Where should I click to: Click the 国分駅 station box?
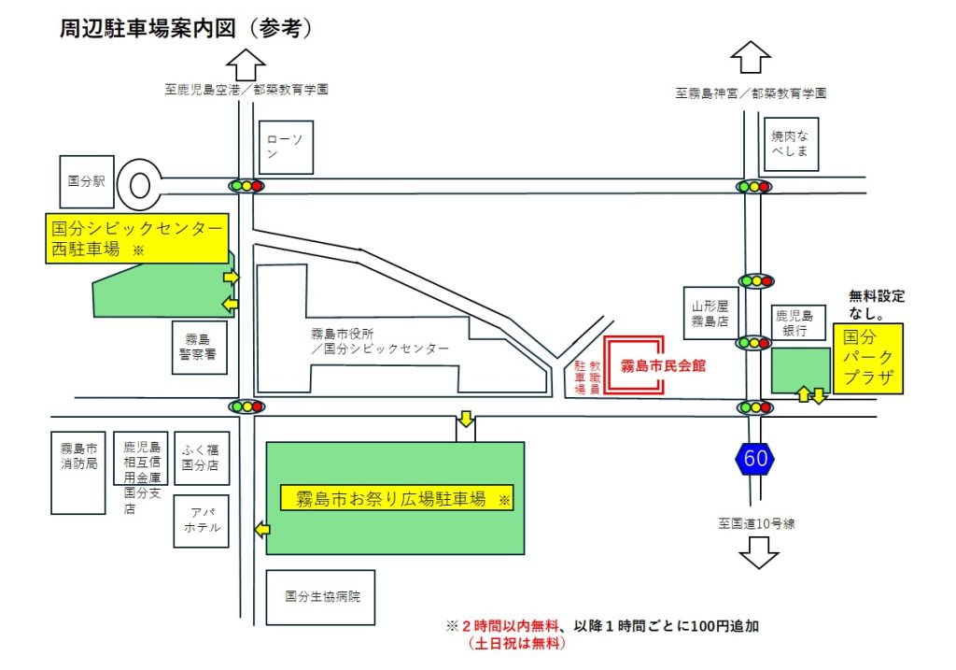[x=86, y=181]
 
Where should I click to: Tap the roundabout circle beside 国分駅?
[x=139, y=184]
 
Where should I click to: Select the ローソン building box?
[x=286, y=148]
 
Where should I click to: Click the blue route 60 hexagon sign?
[x=756, y=458]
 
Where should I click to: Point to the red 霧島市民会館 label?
[x=664, y=365]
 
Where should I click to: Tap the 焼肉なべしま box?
[x=790, y=143]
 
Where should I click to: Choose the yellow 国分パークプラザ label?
[x=868, y=359]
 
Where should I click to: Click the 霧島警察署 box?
[x=199, y=348]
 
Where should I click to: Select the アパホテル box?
[x=201, y=520]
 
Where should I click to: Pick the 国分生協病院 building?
[x=320, y=597]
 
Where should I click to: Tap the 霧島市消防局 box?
[x=77, y=472]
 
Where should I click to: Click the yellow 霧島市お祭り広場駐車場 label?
[x=397, y=498]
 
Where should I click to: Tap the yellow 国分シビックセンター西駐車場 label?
[x=137, y=238]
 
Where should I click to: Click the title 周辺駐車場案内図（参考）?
[x=186, y=28]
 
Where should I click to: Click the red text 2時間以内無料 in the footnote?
[x=505, y=626]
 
